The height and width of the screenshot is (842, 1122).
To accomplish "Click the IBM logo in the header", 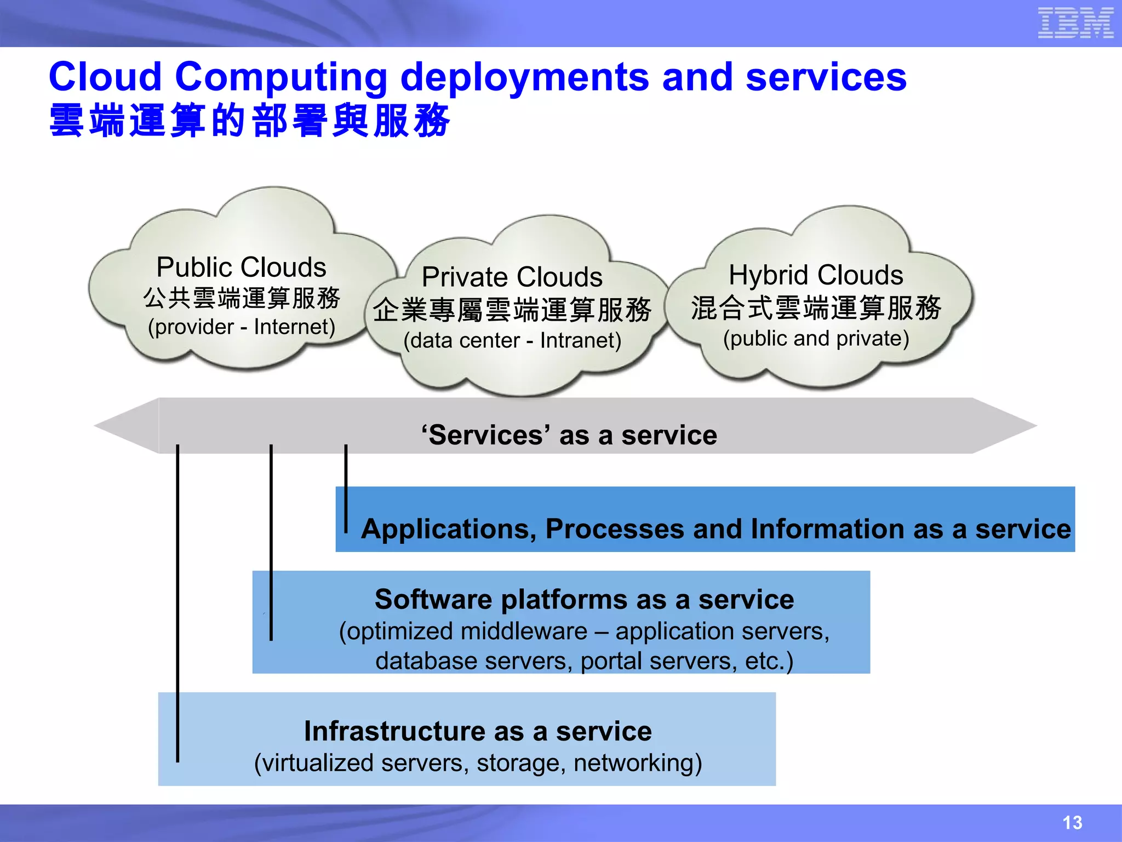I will (1075, 23).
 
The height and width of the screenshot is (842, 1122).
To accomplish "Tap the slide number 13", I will (1072, 822).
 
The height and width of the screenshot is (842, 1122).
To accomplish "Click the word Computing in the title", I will (281, 77).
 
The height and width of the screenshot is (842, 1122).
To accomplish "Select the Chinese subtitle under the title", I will (249, 121).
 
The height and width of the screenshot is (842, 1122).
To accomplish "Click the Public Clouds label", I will (241, 268).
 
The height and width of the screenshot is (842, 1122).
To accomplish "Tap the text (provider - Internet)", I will (241, 327).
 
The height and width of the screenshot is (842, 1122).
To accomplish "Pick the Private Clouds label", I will (512, 277).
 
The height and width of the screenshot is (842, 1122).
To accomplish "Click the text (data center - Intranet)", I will (512, 341).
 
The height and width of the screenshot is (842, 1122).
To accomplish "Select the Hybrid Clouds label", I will (815, 275).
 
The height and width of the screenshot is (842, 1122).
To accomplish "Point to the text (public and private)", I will (816, 339).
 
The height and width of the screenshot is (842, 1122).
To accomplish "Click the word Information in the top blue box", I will (827, 530).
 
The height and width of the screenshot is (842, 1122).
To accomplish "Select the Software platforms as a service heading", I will (584, 600).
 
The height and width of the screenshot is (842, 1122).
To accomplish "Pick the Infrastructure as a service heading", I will (478, 731).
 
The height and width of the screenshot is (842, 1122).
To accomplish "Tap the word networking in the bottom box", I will (637, 763).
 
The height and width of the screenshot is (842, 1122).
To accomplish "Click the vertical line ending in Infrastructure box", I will (178, 603).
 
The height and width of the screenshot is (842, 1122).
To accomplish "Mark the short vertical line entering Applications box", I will (346, 488).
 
